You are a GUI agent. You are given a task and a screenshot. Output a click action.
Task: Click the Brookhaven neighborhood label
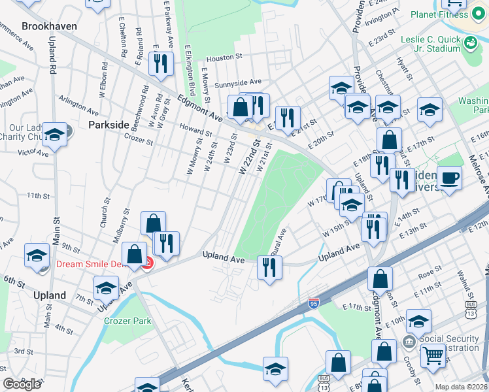49,26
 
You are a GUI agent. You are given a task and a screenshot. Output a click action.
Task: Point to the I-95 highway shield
313,304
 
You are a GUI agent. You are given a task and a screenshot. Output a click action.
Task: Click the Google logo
22,384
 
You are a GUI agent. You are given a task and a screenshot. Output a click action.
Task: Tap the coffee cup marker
449,178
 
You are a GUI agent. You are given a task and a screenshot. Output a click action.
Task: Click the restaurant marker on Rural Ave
268,266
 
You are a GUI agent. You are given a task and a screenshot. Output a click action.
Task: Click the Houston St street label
225,58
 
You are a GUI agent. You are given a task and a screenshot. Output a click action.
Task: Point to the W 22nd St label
250,157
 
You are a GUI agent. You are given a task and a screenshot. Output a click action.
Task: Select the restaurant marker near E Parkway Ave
158,63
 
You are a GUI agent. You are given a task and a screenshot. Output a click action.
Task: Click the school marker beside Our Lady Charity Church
55,135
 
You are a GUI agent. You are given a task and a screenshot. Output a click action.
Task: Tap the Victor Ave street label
33,152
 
